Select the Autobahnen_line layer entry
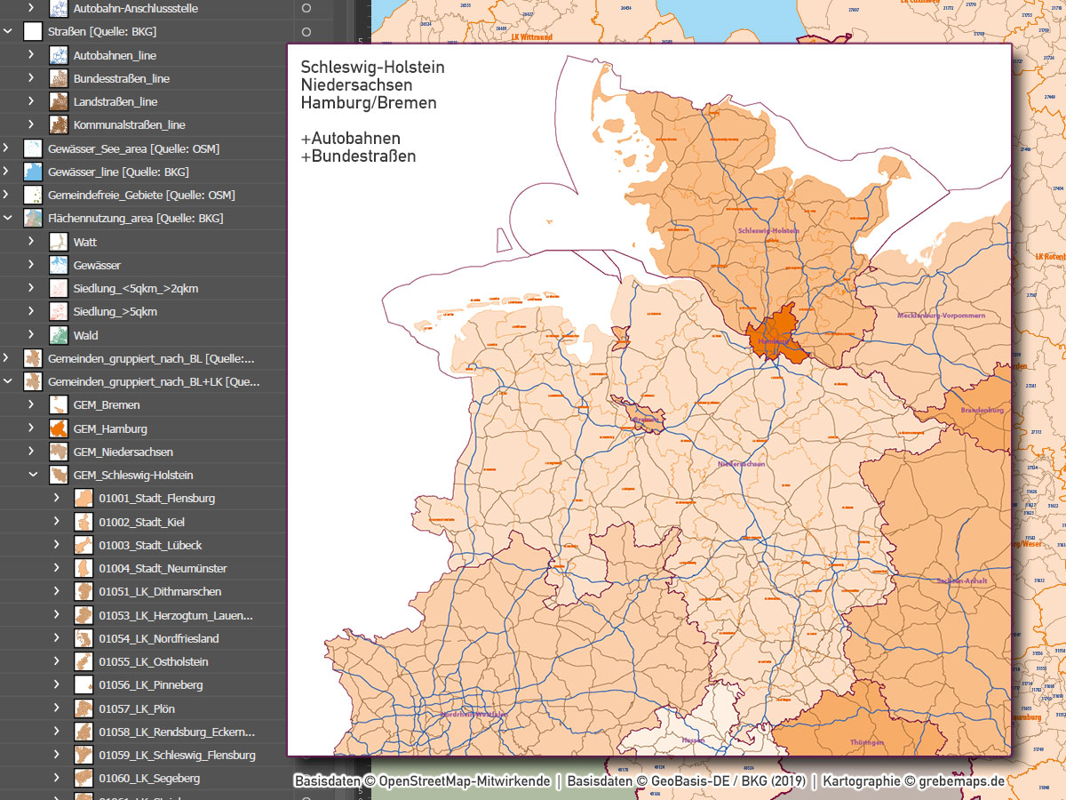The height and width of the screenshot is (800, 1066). point(115,55)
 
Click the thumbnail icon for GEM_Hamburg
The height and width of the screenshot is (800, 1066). point(59,428)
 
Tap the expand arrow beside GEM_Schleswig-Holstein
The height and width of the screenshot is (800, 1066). point(33,476)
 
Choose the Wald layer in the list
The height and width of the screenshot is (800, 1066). point(86,335)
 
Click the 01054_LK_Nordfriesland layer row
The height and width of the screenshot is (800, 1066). point(158,638)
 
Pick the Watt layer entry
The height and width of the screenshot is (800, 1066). point(85,242)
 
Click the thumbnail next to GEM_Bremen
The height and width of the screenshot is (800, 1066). point(59,405)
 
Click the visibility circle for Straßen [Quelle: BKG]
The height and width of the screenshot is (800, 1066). point(306,32)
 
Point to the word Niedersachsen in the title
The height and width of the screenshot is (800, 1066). point(356,85)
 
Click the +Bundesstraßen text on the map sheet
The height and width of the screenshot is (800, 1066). point(358,156)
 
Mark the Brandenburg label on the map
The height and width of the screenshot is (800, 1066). point(982,410)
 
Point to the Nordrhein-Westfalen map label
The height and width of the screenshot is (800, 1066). point(475,714)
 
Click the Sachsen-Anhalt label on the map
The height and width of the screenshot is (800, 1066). point(961,580)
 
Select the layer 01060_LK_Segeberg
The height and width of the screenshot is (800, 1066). point(149,778)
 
